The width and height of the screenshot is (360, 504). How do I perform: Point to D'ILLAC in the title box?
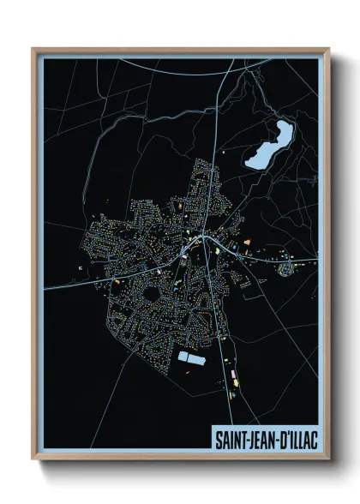click(297, 439)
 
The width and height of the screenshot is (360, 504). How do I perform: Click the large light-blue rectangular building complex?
click(192, 357)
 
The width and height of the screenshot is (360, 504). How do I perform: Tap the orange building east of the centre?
click(247, 243)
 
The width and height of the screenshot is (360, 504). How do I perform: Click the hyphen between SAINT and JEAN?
click(243, 439)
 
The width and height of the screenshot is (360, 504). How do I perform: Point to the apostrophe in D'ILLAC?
click(284, 435)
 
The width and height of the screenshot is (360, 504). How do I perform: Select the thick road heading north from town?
click(217, 154)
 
